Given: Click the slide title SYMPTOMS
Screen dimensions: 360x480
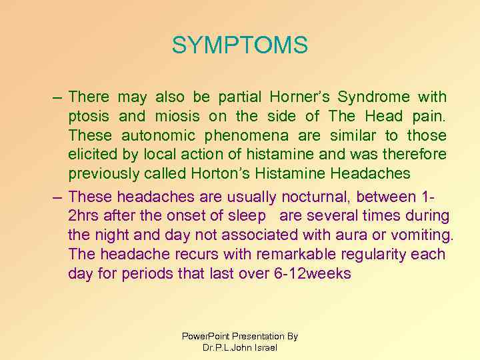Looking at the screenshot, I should pos(240,45).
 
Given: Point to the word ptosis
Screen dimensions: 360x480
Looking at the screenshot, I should pos(89,117).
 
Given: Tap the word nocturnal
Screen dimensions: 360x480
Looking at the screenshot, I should pos(317,196).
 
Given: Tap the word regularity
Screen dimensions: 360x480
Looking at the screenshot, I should pos(370,254).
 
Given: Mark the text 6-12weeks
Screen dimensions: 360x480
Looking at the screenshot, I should pos(312,273).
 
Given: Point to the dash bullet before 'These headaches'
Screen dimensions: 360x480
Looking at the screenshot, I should pos(59,197).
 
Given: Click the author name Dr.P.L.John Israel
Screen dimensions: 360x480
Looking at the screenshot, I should pos(239,347).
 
